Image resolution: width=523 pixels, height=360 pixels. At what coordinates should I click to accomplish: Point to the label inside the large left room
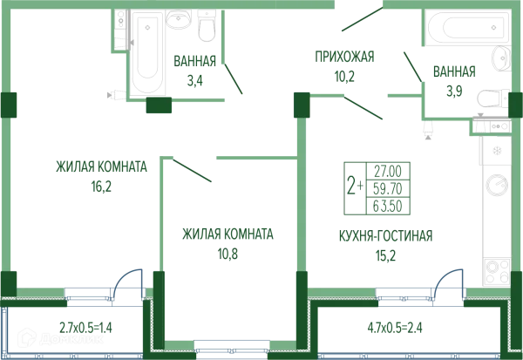click(x=96, y=173)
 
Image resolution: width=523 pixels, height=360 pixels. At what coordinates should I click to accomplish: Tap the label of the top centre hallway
click(x=344, y=65)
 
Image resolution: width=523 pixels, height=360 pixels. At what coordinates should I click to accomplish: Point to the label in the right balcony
click(x=394, y=329)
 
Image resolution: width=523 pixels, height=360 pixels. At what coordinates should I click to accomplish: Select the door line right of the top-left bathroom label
click(x=234, y=80)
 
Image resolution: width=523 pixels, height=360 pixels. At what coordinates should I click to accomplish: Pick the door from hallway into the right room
click(x=363, y=107)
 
